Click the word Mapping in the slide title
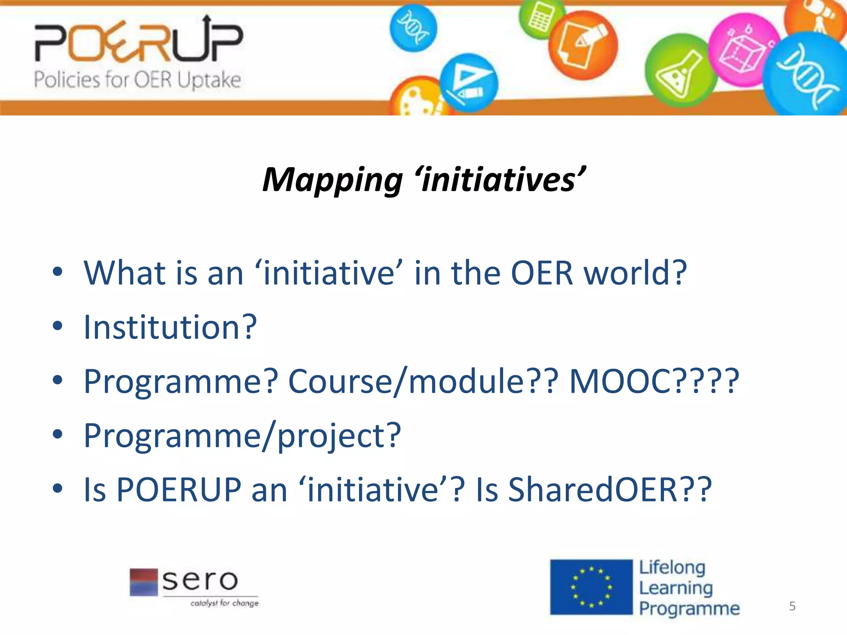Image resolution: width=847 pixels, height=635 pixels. point(333,181)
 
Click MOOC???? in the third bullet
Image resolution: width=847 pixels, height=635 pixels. point(654,381)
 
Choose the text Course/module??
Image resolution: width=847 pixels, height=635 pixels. point(423,381)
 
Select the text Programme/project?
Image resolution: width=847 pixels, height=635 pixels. point(242,436)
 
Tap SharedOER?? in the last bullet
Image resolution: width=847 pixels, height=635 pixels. point(610,490)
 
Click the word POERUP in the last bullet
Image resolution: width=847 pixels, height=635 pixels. point(179,490)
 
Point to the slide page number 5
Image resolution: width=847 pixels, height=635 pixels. point(792,606)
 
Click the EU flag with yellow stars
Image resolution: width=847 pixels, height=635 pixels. point(591,587)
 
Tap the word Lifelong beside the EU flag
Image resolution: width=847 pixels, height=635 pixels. point(672,568)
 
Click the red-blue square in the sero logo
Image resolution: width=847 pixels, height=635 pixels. point(144,582)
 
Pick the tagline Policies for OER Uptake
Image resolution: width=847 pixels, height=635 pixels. point(137,79)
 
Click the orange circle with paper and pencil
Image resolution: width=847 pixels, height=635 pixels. point(583,45)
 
